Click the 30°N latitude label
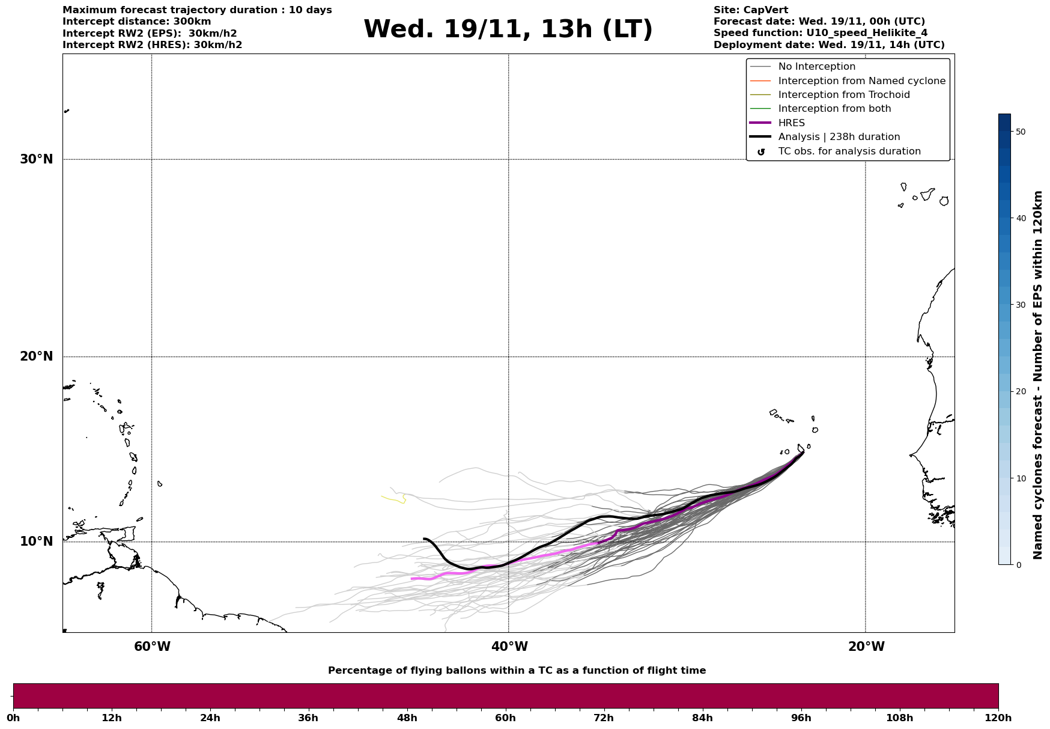coord(37,159)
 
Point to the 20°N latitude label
coord(37,356)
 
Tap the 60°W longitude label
coord(152,647)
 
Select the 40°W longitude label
coord(509,647)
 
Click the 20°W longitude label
coord(866,647)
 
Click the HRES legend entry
coord(791,123)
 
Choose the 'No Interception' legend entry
coord(816,67)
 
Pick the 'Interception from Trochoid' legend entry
coord(843,95)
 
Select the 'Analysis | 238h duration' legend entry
coord(839,137)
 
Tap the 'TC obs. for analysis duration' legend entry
coord(849,151)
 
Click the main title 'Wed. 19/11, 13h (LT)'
coord(508,29)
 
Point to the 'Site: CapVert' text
coord(750,10)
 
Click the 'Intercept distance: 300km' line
coord(136,22)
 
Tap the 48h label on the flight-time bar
coord(407,718)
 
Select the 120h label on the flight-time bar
coord(998,718)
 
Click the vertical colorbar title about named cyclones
coord(1037,375)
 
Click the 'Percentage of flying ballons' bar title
coord(517,671)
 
